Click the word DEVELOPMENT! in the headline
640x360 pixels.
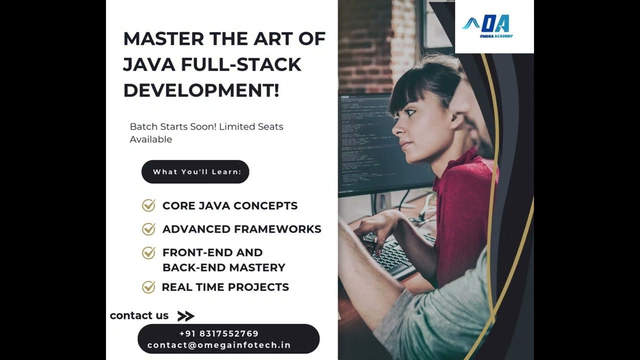coord(201,91)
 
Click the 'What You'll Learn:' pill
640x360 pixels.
coord(195,172)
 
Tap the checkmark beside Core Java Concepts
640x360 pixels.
coord(148,205)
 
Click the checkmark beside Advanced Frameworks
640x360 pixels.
coord(148,229)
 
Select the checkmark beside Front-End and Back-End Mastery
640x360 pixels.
coord(148,253)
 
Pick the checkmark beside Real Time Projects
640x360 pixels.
coord(148,287)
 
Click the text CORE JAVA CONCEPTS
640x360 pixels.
coord(229,205)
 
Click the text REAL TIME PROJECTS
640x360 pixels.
coord(225,287)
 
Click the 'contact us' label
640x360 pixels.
coord(139,315)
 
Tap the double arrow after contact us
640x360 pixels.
coord(185,316)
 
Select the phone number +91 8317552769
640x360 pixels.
coord(218,333)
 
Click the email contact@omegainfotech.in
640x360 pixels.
coord(219,345)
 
